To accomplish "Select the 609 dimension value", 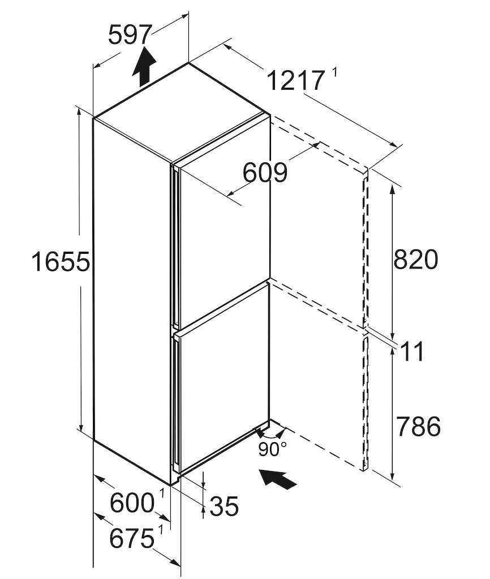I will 265,172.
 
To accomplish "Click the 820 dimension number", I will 415,260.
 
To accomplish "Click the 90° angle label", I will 272,450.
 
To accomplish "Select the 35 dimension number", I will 223,506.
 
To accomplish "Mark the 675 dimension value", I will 132,538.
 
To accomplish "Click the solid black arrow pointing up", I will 144,66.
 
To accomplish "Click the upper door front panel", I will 223,237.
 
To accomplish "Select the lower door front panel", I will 223,384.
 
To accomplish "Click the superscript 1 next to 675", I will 161,529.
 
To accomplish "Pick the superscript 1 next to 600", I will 161,494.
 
